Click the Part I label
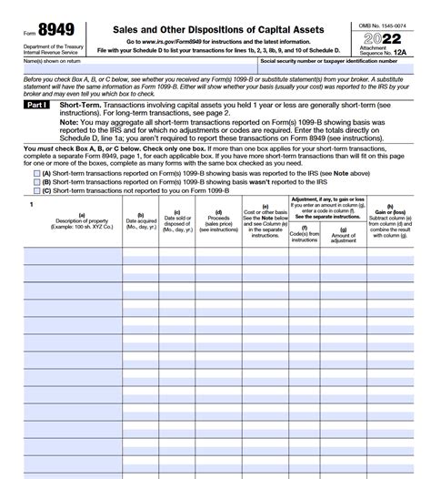pyautogui.click(x=37, y=107)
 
